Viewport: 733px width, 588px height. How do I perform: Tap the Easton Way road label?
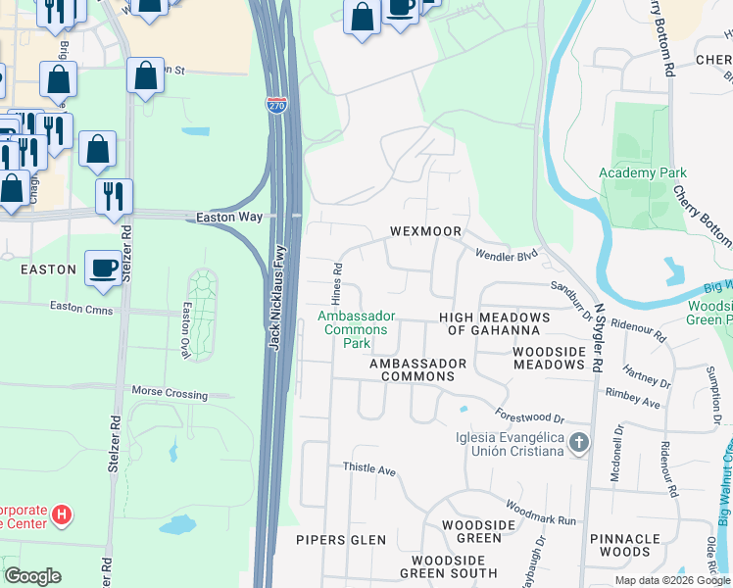click(230, 218)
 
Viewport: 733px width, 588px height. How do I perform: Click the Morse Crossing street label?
click(170, 392)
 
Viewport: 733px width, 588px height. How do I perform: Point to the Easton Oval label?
click(185, 330)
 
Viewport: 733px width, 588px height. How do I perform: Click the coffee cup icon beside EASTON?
click(103, 269)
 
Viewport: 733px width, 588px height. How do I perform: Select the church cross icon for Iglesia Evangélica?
click(578, 444)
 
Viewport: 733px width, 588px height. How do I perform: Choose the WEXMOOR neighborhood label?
click(425, 232)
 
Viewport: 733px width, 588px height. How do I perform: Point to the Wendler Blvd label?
click(507, 255)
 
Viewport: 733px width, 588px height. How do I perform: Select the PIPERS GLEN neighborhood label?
click(335, 540)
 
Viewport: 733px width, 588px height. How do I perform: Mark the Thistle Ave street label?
click(368, 469)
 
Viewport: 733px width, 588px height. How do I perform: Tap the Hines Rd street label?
click(337, 282)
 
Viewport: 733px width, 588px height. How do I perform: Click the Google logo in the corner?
click(32, 576)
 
